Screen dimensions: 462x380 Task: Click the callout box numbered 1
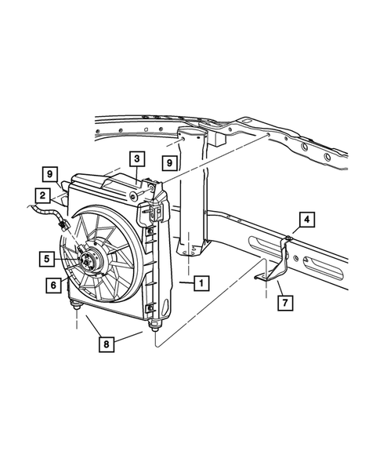pos(201,282)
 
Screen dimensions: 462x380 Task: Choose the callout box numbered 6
pos(53,286)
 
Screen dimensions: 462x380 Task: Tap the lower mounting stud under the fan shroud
pos(76,307)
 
